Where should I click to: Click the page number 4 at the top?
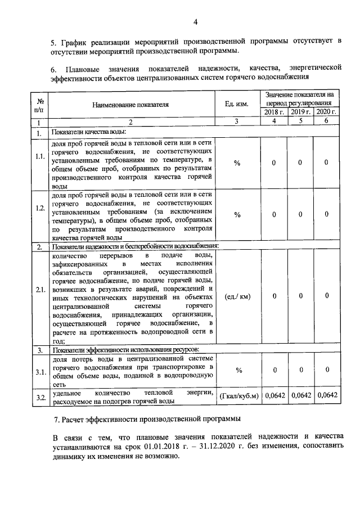coord(195,22)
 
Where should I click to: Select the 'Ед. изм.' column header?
coord(237,104)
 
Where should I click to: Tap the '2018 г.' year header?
coord(274,112)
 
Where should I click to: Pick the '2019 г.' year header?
coord(301,112)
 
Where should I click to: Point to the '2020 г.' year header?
coord(327,112)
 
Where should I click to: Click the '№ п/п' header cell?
coord(40,104)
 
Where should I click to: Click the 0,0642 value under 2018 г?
coord(274,396)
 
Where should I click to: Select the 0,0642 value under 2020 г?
coord(327,396)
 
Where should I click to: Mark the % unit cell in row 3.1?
coord(237,371)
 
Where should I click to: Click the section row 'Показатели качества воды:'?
coord(88,133)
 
